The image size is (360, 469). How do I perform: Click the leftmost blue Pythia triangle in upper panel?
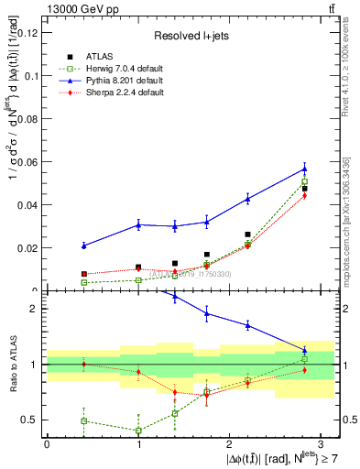[83, 245]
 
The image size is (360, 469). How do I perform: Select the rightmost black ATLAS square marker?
[305, 189]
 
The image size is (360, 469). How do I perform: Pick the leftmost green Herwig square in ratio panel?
[83, 420]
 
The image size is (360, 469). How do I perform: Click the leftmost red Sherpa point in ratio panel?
[83, 364]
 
